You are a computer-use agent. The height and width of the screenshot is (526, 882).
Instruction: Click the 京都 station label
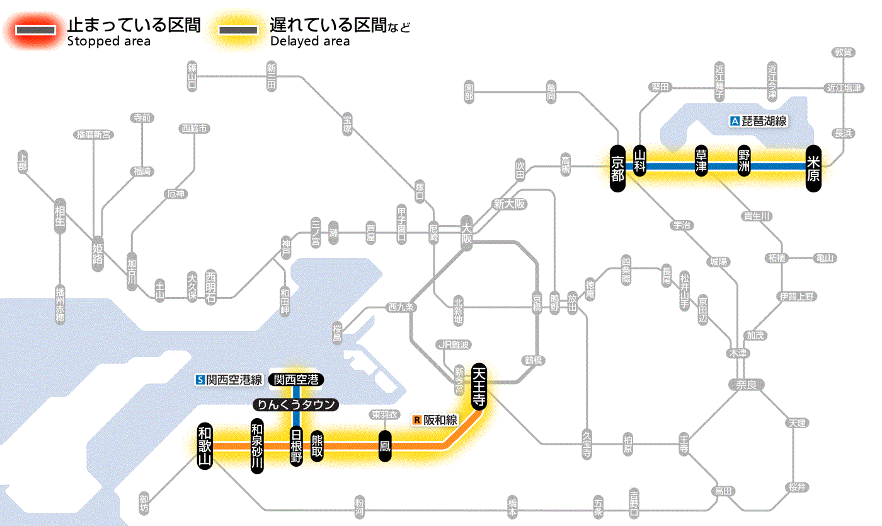coord(618,167)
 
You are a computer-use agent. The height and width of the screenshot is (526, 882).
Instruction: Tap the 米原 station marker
coord(813,167)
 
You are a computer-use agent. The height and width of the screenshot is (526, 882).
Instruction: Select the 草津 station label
coord(702,161)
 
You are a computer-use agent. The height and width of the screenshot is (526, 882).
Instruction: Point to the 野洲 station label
coord(745,161)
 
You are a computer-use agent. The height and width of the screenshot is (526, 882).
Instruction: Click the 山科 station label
coord(640,161)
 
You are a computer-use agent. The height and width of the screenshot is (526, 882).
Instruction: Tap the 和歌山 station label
coord(205,445)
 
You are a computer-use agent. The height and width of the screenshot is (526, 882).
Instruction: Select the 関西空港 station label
coord(296,379)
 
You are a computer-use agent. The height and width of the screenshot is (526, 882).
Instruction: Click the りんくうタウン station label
coord(296,405)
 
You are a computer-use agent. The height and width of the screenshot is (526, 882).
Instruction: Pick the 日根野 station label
coord(296,445)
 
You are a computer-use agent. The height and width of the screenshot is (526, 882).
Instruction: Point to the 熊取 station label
coord(317,445)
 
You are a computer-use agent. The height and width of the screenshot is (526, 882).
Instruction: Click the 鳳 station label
coord(384,446)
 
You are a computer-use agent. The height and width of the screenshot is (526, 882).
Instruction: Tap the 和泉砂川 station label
coord(256,445)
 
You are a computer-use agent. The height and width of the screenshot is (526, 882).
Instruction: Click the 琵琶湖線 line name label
coord(759,121)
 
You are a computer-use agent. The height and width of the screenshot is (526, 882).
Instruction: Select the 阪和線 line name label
coord(436,420)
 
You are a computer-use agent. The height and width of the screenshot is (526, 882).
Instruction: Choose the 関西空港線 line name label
coord(229,380)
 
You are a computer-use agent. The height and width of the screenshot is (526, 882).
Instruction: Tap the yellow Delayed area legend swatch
coord(238,30)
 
